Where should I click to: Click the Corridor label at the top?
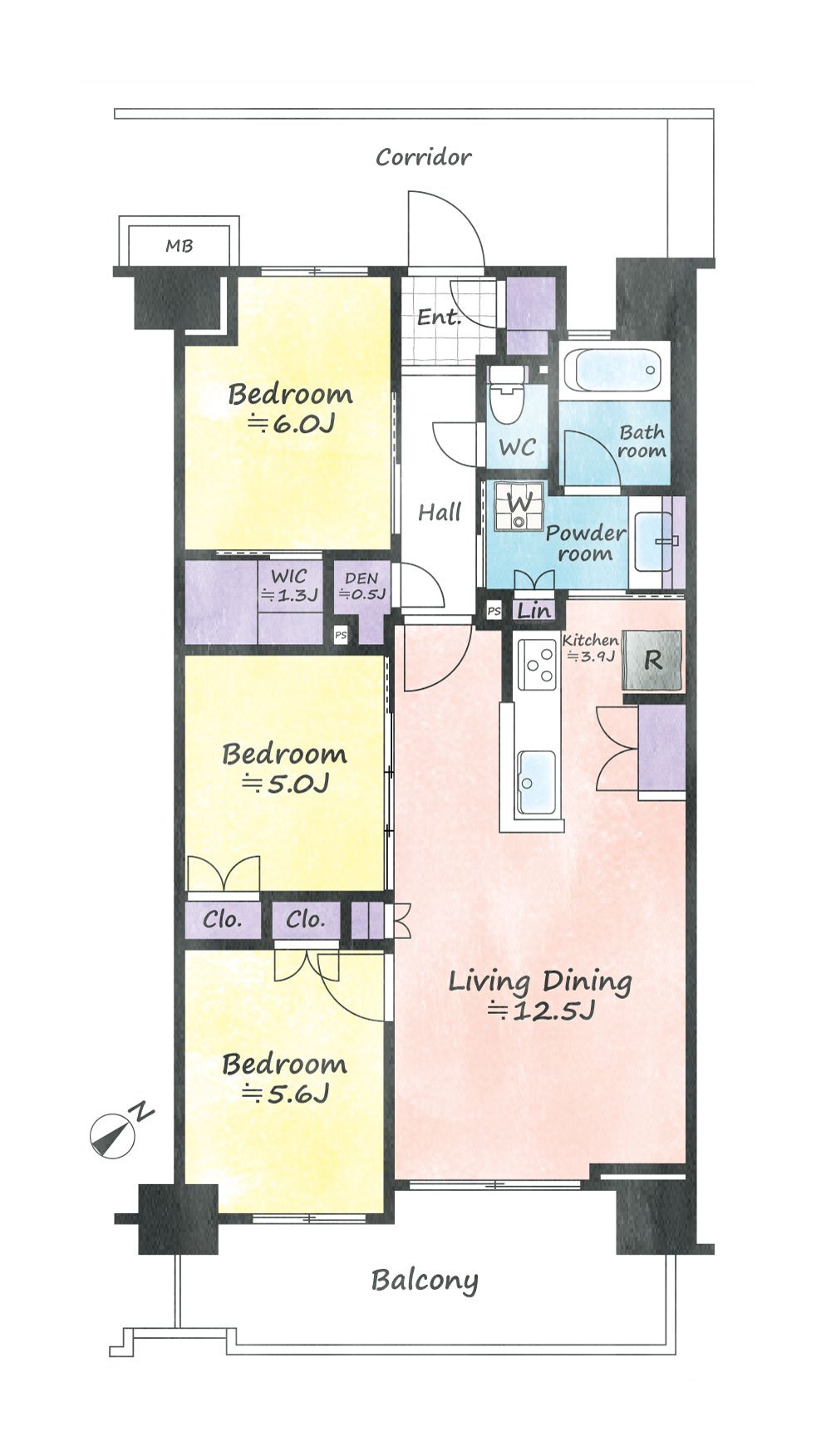[x=423, y=157]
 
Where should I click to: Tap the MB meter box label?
[x=179, y=246]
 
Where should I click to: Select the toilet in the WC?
[x=507, y=395]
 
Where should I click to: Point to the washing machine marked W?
[x=519, y=504]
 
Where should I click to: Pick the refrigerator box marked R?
[x=653, y=661]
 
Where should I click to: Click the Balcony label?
[x=425, y=1281]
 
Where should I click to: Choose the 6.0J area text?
[x=292, y=424]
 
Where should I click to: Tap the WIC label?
[x=289, y=576]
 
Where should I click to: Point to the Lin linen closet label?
[x=534, y=611]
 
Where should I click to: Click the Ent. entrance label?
[x=439, y=317]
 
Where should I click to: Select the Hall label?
[x=440, y=513]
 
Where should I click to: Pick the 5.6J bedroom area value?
[x=286, y=1094]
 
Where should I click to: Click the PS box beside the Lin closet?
[x=494, y=612]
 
